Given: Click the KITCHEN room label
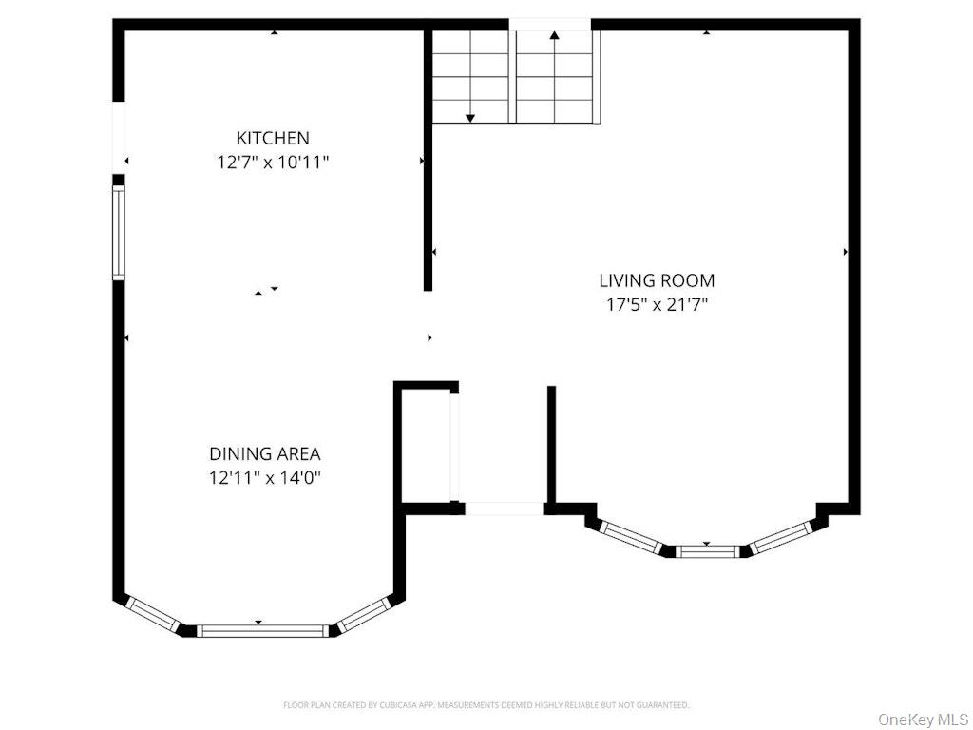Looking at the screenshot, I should pyautogui.click(x=273, y=138).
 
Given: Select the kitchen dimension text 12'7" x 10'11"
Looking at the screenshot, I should pyautogui.click(x=273, y=163).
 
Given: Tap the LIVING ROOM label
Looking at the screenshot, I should pyautogui.click(x=657, y=280).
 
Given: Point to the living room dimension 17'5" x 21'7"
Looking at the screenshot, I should pyautogui.click(x=657, y=305).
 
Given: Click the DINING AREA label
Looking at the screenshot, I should pyautogui.click(x=265, y=454).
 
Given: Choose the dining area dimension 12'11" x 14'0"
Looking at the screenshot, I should pyautogui.click(x=265, y=478).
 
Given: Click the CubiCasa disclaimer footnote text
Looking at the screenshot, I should pyautogui.click(x=486, y=705).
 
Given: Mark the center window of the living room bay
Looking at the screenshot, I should pyautogui.click(x=707, y=549).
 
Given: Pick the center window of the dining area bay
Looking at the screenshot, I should pyautogui.click(x=262, y=629).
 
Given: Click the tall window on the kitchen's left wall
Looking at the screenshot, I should pyautogui.click(x=119, y=232).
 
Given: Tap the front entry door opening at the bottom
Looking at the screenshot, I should pyautogui.click(x=504, y=509).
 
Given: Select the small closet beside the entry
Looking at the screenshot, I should pyautogui.click(x=428, y=444).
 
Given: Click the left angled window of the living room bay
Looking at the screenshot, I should pyautogui.click(x=631, y=535).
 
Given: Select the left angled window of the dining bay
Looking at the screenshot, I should pyautogui.click(x=152, y=614).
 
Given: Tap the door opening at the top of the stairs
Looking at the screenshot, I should pyautogui.click(x=550, y=24).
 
